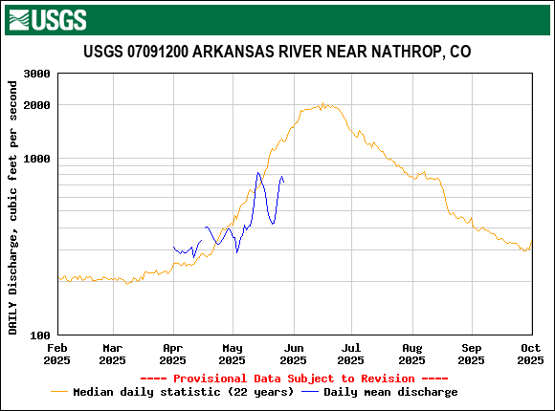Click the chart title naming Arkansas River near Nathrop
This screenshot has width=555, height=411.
point(277,52)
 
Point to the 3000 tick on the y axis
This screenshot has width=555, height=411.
point(36,74)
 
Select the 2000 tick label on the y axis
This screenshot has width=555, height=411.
point(36,105)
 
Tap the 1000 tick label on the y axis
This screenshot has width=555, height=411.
point(36,159)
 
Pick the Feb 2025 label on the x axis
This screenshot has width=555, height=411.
point(57,354)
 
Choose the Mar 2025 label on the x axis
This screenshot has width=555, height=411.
point(112,354)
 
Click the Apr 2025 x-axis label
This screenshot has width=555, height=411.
point(172,354)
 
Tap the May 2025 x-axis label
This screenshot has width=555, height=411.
point(232,354)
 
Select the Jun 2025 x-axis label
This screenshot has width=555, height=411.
point(292,354)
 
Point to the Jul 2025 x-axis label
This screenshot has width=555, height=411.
point(350,354)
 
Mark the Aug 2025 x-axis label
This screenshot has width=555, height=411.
point(411,354)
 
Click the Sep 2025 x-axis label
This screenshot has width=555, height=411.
point(471,354)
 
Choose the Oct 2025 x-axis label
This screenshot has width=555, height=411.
point(530,354)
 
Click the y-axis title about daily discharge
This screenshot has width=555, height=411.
point(13,207)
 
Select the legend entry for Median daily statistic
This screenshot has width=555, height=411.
point(173,392)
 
